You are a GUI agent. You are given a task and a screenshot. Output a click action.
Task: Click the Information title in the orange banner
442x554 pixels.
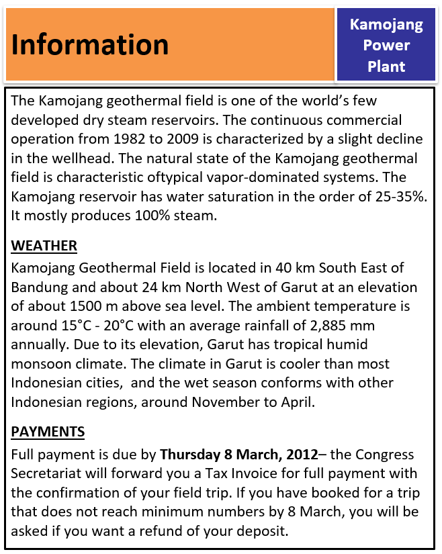click(90, 44)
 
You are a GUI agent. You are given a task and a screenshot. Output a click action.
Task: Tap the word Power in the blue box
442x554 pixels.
click(387, 46)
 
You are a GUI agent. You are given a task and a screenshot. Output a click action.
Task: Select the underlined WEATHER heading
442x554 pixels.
click(44, 246)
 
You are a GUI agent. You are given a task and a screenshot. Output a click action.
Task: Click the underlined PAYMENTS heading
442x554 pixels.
click(48, 431)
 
